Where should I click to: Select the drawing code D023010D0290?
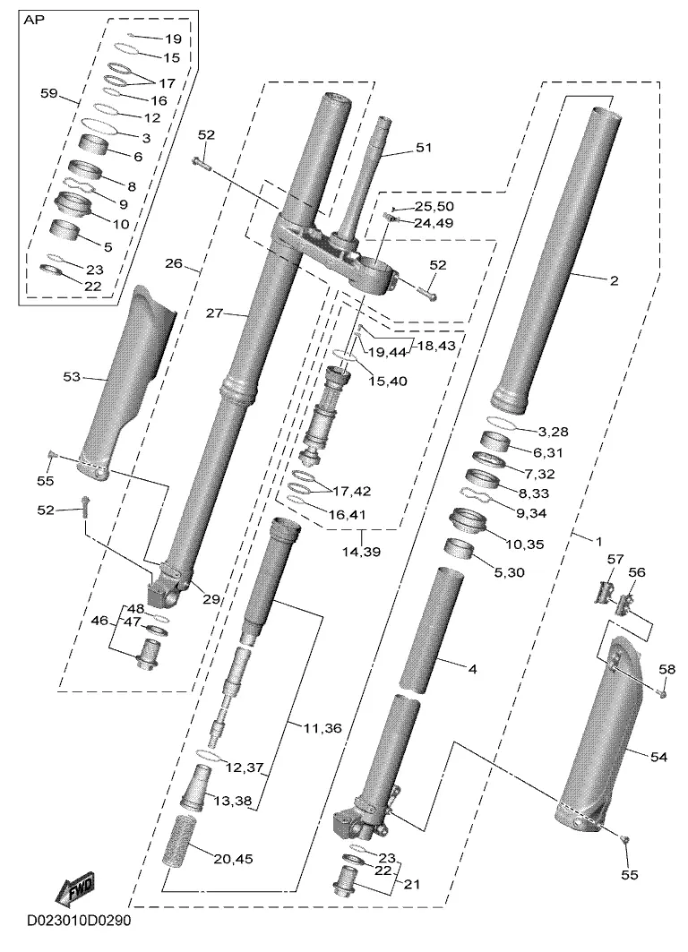pyautogui.click(x=78, y=921)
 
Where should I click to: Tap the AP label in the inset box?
pyautogui.click(x=34, y=20)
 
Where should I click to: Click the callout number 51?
pyautogui.click(x=423, y=148)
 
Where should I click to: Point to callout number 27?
pyautogui.click(x=214, y=313)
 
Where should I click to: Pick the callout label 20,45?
pyautogui.click(x=233, y=859)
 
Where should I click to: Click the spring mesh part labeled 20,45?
pyautogui.click(x=188, y=841)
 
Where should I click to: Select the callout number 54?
pyautogui.click(x=658, y=757)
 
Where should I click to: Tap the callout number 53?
pyautogui.click(x=72, y=377)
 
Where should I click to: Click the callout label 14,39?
pyautogui.click(x=362, y=552)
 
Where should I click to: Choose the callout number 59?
pyautogui.click(x=49, y=93)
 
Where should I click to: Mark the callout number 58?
pyautogui.click(x=666, y=670)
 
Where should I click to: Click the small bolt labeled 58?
pyautogui.click(x=664, y=690)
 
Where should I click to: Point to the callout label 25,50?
pyautogui.click(x=434, y=207)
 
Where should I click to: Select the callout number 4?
pyautogui.click(x=472, y=669)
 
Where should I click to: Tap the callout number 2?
pyautogui.click(x=614, y=280)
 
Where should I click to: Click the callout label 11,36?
pyautogui.click(x=322, y=727)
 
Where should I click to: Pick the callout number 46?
pyautogui.click(x=99, y=621)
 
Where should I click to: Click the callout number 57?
pyautogui.click(x=615, y=558)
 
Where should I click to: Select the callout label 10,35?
pyautogui.click(x=525, y=544)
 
